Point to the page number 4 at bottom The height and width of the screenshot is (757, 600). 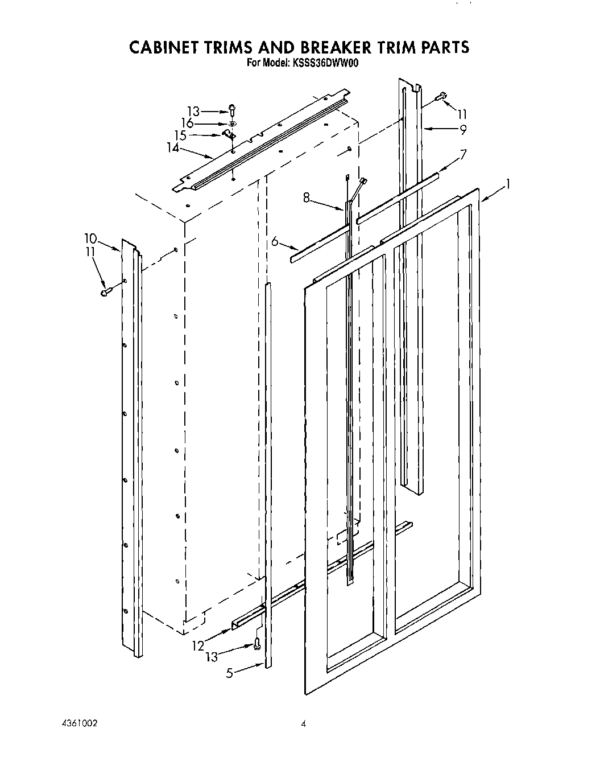click(304, 724)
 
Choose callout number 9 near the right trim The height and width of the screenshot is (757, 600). click(463, 129)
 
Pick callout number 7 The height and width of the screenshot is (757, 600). click(464, 154)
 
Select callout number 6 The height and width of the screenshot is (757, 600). click(275, 242)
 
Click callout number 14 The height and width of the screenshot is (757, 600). click(173, 148)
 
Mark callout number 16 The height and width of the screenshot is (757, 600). click(188, 124)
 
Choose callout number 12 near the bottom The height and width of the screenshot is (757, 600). click(198, 645)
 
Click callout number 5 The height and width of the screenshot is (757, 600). click(230, 673)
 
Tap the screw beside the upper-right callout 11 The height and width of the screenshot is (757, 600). click(441, 98)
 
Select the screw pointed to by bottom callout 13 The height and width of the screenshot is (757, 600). click(257, 644)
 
